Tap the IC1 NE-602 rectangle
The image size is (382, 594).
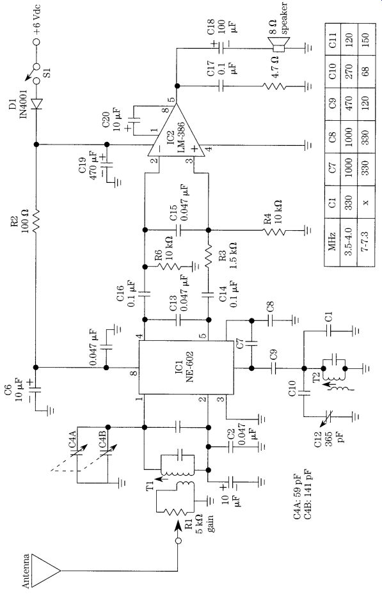186,367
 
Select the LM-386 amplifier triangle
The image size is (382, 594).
176,130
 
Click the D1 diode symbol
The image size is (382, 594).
36,104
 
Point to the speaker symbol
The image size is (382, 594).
278,45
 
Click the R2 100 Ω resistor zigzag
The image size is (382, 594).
36,220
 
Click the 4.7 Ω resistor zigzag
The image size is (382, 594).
274,86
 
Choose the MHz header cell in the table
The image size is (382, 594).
332,241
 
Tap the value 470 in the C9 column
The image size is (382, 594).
349,104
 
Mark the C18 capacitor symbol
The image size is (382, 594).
221,48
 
